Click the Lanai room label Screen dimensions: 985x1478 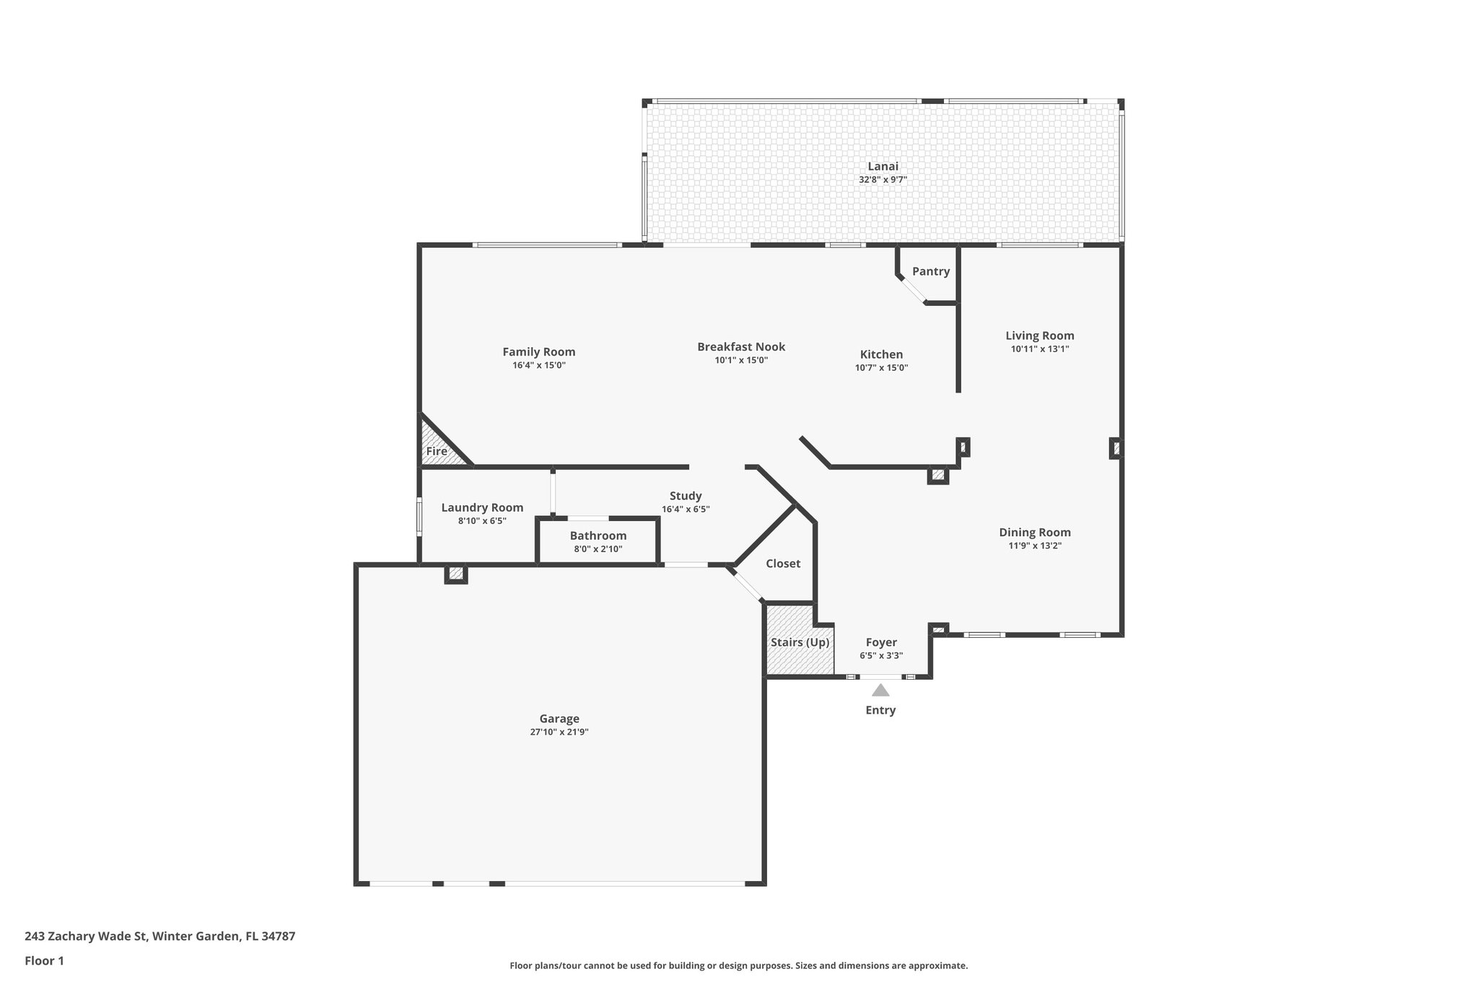883,167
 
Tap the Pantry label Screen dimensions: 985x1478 930,271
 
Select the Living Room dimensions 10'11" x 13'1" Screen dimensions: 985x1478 1039,349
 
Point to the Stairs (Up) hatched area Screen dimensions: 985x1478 799,642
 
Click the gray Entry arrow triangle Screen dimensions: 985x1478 880,691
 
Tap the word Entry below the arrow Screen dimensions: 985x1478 880,710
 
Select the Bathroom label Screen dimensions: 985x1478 598,535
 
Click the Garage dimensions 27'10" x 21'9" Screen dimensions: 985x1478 559,732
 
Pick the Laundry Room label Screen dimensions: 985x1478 482,507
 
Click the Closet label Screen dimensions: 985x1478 782,564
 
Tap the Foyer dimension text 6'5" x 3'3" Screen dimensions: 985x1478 881,655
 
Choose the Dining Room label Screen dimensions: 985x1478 1034,533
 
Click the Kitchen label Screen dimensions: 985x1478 881,354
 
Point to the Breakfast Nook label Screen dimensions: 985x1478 740,347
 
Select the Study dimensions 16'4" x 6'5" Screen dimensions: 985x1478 685,509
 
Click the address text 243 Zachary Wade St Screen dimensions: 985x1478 87,937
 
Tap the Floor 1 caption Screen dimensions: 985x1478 44,960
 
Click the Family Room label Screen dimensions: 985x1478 538,352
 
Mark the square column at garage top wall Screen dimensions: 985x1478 455,574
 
